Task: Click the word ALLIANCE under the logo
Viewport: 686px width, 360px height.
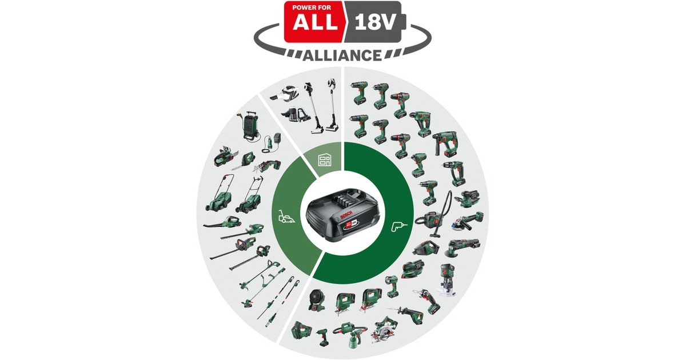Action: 342,55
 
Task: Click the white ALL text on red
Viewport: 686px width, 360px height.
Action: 313,23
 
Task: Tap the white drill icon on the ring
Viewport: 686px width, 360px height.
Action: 399,227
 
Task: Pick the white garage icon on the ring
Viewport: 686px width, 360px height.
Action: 324,160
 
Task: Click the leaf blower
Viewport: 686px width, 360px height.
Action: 221,222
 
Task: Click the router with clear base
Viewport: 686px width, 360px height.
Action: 448,281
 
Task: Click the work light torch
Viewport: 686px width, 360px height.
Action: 392,286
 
